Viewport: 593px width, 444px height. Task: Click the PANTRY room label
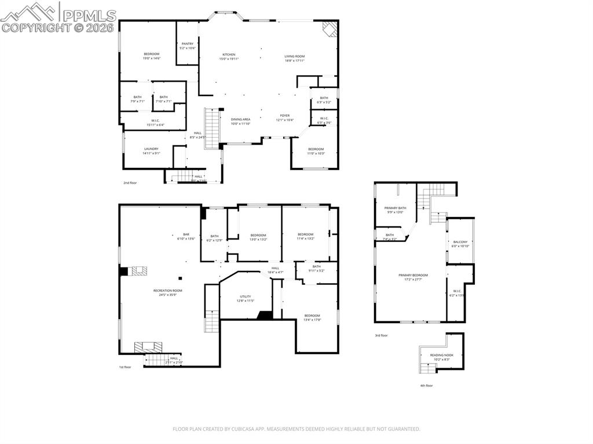point(188,43)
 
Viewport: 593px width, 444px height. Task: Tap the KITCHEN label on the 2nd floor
point(229,54)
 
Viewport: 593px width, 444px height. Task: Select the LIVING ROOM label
point(294,56)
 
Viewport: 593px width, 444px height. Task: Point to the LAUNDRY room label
point(151,149)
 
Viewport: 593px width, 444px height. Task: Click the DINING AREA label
point(240,119)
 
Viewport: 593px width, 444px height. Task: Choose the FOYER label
point(285,116)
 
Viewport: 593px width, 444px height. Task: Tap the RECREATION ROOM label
point(167,290)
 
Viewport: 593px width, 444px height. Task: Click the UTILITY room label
point(246,296)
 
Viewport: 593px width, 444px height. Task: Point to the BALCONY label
point(460,241)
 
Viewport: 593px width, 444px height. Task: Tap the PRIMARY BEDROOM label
point(413,275)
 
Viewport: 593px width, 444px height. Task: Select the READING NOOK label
point(441,355)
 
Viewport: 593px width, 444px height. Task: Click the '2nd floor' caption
point(130,183)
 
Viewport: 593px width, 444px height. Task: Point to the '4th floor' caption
point(426,386)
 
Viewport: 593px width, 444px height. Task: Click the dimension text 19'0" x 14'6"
point(152,58)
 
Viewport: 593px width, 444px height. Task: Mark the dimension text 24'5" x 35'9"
point(167,295)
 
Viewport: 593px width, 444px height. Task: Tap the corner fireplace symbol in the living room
point(329,29)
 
